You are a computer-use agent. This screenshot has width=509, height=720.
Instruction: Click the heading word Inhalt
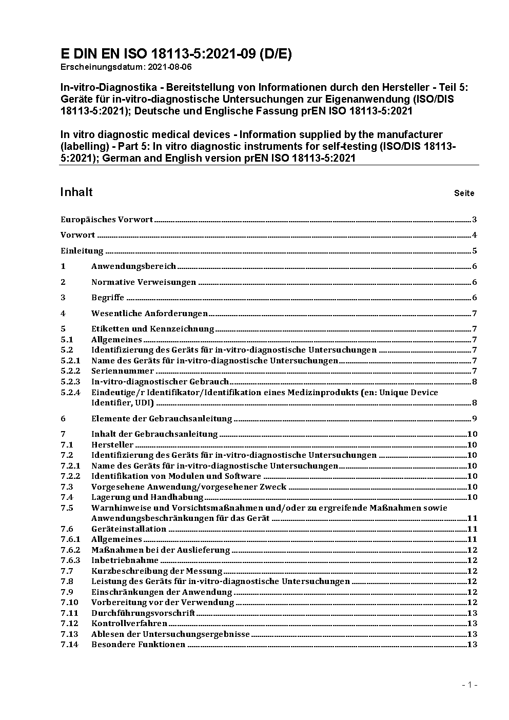(x=76, y=192)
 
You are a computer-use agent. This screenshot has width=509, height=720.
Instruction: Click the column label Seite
(x=464, y=193)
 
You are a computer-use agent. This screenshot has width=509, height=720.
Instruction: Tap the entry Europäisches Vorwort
(x=107, y=220)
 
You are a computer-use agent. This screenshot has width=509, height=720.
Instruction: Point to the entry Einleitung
(x=82, y=251)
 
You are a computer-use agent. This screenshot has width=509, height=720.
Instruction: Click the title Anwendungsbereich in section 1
(x=133, y=266)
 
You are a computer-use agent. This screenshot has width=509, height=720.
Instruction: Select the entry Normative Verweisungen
(x=144, y=282)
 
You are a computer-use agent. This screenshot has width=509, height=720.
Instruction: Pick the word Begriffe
(x=108, y=298)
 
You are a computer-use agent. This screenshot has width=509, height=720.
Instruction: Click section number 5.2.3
(x=70, y=382)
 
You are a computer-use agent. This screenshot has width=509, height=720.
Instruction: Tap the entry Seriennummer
(x=123, y=371)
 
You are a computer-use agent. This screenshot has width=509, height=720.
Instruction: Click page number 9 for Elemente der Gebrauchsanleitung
(x=475, y=419)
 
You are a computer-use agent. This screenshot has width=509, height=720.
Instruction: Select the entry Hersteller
(x=112, y=445)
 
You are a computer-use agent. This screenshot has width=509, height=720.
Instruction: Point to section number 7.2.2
(x=70, y=476)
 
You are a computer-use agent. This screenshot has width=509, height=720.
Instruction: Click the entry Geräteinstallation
(x=129, y=529)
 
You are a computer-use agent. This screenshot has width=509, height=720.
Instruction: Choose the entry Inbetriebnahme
(x=125, y=560)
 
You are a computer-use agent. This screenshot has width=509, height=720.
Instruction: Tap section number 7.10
(x=69, y=602)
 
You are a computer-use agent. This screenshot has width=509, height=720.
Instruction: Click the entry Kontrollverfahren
(x=129, y=624)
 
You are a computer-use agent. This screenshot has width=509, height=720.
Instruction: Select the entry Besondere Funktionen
(x=138, y=645)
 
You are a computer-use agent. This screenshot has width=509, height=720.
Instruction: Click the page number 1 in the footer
(x=469, y=685)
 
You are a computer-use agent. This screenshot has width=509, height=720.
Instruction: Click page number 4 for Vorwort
(x=475, y=236)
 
